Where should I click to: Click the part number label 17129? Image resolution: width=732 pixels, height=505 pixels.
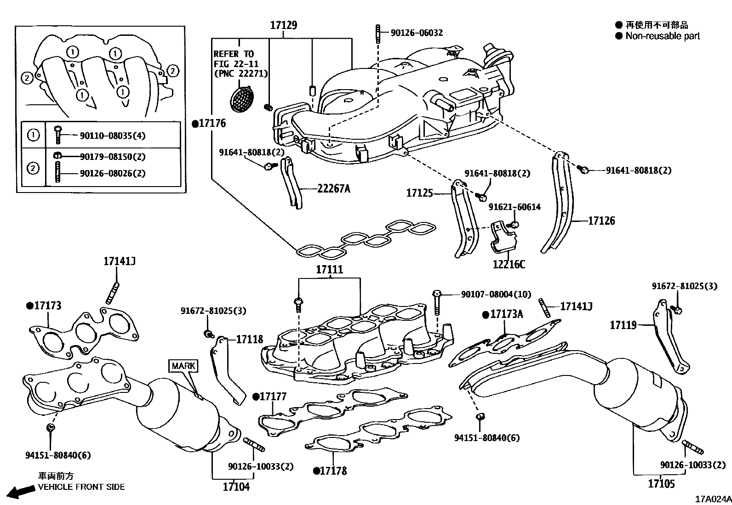pyautogui.click(x=283, y=25)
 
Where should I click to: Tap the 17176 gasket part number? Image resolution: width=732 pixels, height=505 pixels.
pyautogui.click(x=212, y=123)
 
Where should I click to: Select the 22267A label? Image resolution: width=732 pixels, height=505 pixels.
pyautogui.click(x=333, y=188)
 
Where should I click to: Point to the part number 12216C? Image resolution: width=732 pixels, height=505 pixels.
pyautogui.click(x=509, y=264)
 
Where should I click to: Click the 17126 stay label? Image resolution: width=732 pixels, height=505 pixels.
pyautogui.click(x=601, y=221)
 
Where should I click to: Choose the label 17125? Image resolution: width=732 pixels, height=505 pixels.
pyautogui.click(x=419, y=193)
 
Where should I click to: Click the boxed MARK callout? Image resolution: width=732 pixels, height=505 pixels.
pyautogui.click(x=183, y=366)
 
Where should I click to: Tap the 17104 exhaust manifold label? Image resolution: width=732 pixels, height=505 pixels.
pyautogui.click(x=236, y=486)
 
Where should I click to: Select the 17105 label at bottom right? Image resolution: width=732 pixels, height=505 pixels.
pyautogui.click(x=661, y=483)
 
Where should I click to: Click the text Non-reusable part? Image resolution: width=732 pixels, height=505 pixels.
pyautogui.click(x=662, y=36)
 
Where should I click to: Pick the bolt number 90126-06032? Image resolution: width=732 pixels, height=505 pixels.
pyautogui.click(x=417, y=33)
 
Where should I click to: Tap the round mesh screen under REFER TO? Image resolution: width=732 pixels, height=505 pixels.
pyautogui.click(x=242, y=98)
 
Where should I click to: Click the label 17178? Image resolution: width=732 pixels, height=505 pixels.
pyautogui.click(x=333, y=471)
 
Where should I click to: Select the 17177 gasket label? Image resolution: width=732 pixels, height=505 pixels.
pyautogui.click(x=273, y=396)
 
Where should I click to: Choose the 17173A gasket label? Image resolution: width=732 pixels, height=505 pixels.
pyautogui.click(x=506, y=314)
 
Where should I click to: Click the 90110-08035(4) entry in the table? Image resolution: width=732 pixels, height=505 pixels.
pyautogui.click(x=113, y=136)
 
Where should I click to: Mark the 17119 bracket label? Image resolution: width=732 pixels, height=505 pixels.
pyautogui.click(x=623, y=325)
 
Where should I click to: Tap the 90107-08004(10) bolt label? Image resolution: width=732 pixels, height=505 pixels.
pyautogui.click(x=496, y=294)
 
